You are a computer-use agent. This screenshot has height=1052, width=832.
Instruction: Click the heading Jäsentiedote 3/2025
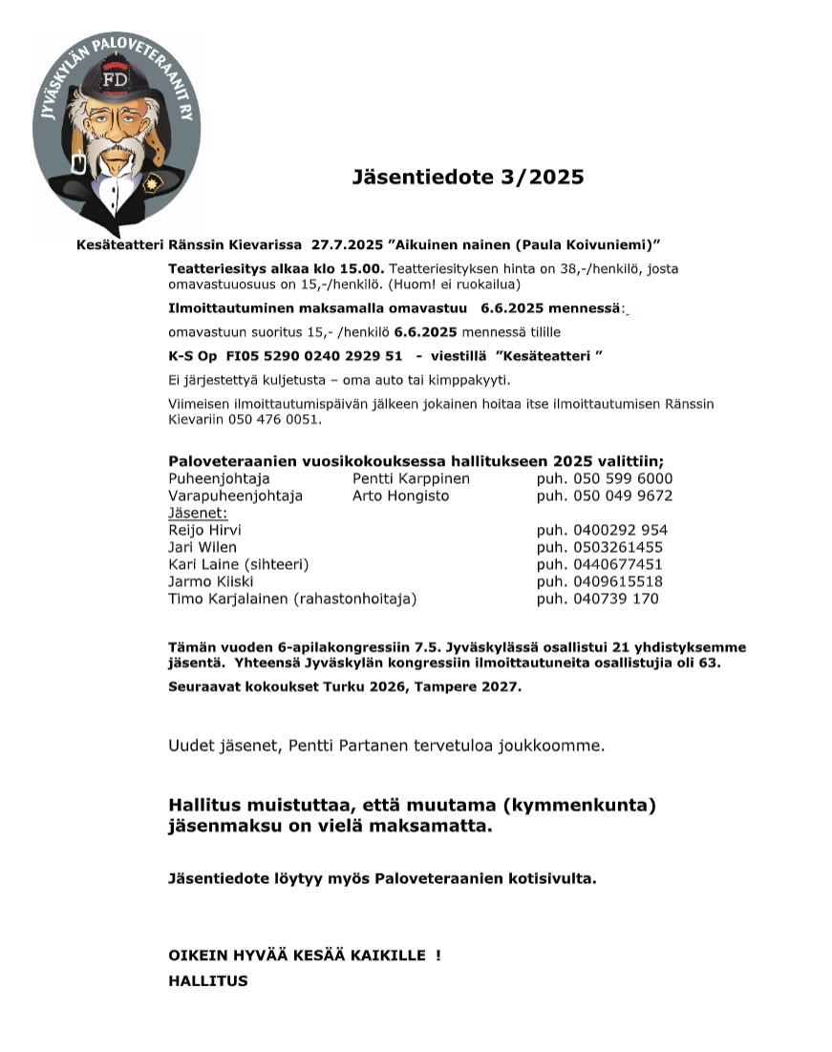[x=467, y=177]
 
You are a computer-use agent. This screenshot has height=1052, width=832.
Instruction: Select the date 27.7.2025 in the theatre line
[x=348, y=244]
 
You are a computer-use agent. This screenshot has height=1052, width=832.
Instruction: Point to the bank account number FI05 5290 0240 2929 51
[x=314, y=355]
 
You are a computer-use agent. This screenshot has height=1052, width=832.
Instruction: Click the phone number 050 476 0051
[x=279, y=419]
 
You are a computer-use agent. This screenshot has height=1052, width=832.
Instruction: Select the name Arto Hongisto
[x=400, y=495]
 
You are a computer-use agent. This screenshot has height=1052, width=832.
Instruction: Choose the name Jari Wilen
[x=203, y=547]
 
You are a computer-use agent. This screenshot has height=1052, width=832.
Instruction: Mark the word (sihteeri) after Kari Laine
[x=276, y=564]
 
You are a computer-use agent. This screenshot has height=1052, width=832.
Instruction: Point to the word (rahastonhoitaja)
[x=355, y=599]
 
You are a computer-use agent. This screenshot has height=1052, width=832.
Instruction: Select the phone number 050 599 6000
[x=622, y=478]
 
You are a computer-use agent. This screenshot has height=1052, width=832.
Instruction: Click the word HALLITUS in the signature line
[x=207, y=980]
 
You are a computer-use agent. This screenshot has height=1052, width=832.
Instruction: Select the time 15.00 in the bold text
[x=364, y=269]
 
